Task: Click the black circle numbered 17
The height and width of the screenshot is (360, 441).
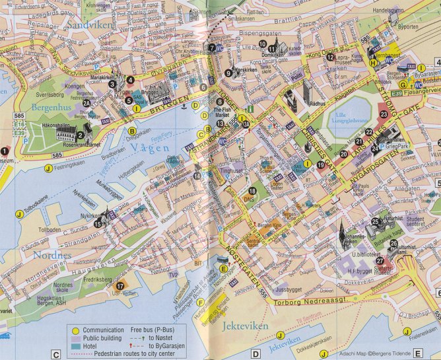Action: [120, 286]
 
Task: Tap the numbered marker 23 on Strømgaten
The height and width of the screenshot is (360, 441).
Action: [383, 114]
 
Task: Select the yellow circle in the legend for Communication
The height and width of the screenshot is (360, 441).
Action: [77, 330]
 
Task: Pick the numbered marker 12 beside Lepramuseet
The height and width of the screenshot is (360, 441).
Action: [329, 57]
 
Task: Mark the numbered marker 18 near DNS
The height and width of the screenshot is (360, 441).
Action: [252, 190]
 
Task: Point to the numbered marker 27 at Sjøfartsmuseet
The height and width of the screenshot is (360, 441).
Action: [380, 261]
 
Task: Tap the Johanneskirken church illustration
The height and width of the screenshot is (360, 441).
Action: [341, 232]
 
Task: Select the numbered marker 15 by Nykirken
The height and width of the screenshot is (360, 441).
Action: [98, 224]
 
